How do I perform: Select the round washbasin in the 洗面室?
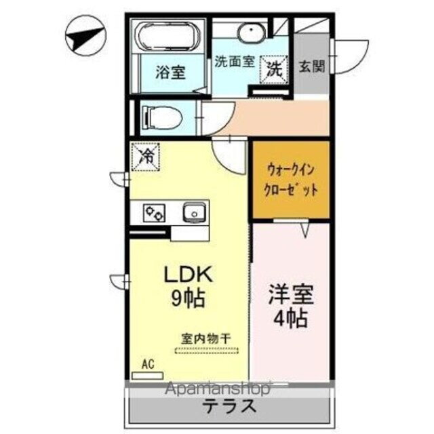[x=251, y=34]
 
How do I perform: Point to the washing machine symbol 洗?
[x=275, y=68]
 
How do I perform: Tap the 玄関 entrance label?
[x=312, y=66]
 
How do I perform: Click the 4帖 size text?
[x=292, y=318]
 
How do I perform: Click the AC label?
[x=148, y=364]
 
